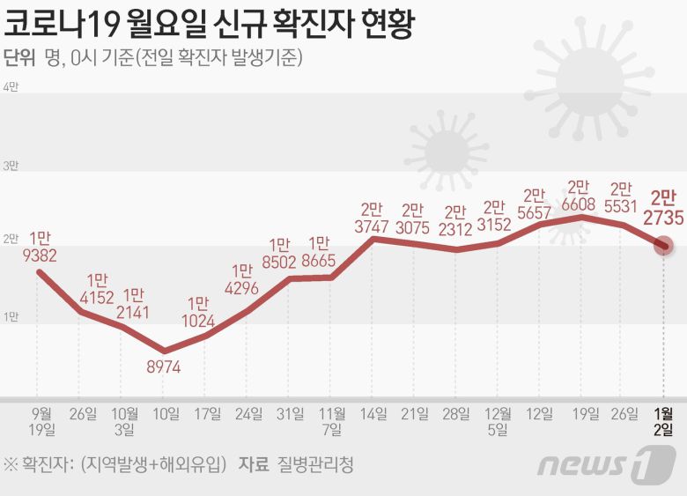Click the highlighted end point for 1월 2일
click(663, 246)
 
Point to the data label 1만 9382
click(40, 247)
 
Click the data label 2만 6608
click(579, 196)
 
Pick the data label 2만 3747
click(372, 218)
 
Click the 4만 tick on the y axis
click(11, 87)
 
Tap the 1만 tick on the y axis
click(11, 316)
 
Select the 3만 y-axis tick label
click(11, 165)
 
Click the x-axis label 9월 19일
click(41, 421)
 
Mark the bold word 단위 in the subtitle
click(19, 59)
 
